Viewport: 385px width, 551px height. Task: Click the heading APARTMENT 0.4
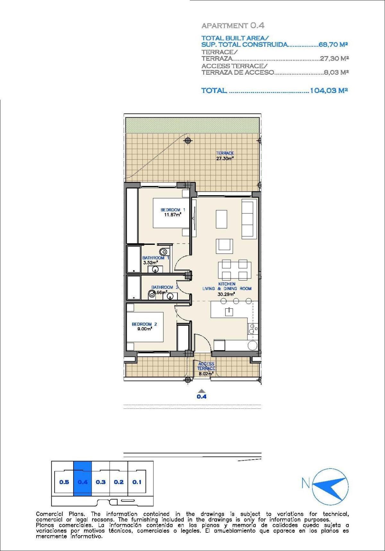coord(233,26)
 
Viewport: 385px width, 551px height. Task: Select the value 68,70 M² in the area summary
coord(333,45)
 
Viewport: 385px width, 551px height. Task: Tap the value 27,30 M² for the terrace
coord(334,59)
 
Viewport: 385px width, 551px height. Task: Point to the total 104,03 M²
coord(329,90)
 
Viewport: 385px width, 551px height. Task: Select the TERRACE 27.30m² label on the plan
coord(225,156)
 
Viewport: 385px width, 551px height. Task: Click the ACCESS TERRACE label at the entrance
coord(206,366)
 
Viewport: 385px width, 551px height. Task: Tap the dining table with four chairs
coord(235,270)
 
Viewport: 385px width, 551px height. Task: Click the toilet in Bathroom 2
coord(151,294)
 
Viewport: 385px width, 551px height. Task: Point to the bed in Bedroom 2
coord(145,327)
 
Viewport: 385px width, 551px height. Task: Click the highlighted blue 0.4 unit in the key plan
coord(82,482)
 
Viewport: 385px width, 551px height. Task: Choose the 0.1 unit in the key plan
coord(137,482)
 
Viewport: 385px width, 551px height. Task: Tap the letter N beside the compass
coord(306,483)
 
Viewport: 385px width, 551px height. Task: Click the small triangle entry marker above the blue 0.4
coord(201,391)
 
